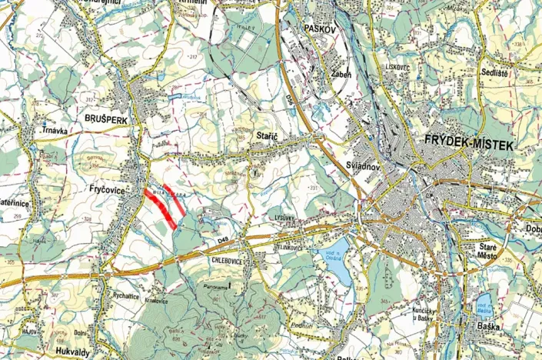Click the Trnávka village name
tap(56, 130)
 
